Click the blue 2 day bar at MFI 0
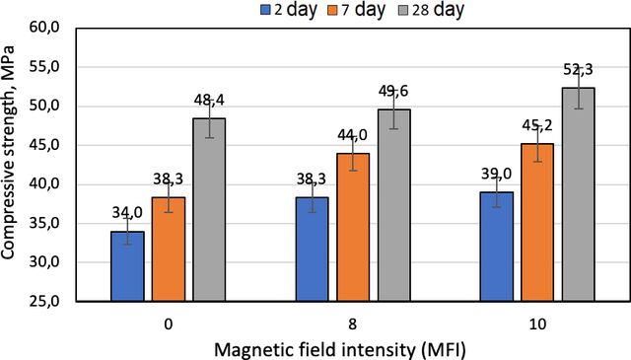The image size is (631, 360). [x=127, y=266]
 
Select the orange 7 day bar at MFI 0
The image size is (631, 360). [x=169, y=250]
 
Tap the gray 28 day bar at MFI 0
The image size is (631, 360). [x=209, y=210]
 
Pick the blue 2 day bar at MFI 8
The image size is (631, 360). [x=313, y=250]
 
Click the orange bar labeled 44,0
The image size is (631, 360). [x=353, y=227]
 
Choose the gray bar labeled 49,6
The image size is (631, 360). [x=394, y=205]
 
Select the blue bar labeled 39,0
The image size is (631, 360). [x=497, y=247]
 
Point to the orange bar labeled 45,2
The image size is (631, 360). [x=537, y=222]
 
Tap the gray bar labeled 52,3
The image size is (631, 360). [x=579, y=194]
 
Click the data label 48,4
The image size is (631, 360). [x=209, y=101]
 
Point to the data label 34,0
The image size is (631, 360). [x=127, y=213]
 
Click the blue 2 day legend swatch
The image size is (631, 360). [x=265, y=10]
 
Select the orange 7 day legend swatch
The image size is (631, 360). [x=333, y=10]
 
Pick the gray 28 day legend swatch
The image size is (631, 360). [x=403, y=10]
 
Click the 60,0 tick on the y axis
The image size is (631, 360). [x=44, y=29]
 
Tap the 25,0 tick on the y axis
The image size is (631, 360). [x=44, y=301]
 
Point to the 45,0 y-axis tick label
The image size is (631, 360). [x=44, y=145]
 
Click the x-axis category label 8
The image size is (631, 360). [x=353, y=324]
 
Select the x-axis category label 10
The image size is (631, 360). [x=537, y=324]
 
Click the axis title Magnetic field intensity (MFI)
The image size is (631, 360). [x=340, y=349]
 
